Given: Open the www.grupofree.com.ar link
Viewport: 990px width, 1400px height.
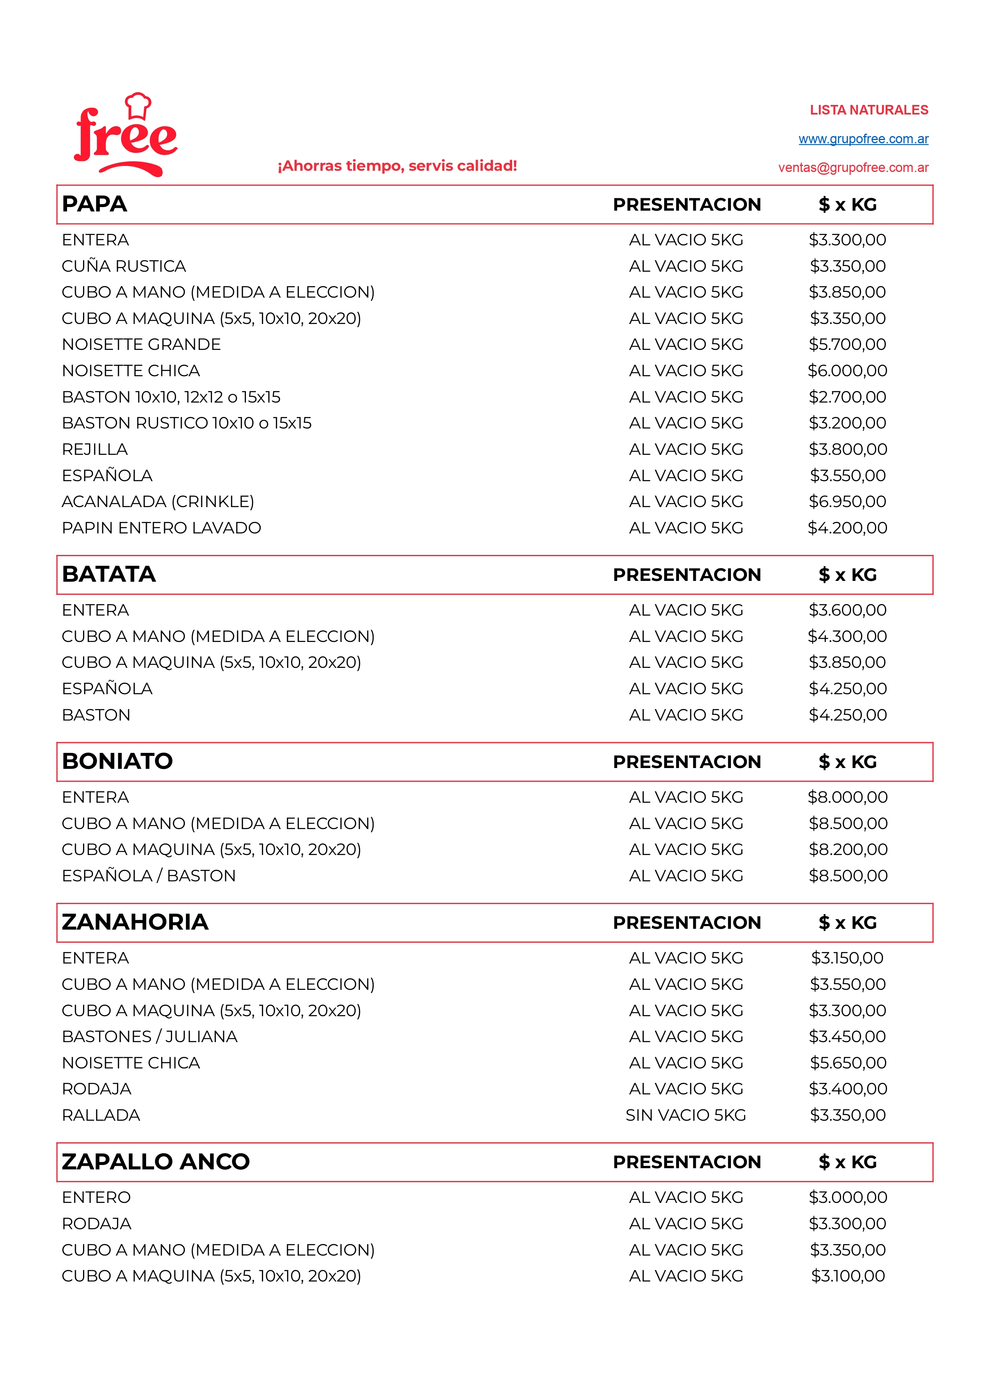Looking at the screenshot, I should (863, 139).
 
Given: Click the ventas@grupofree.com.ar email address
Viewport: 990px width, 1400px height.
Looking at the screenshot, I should (853, 168).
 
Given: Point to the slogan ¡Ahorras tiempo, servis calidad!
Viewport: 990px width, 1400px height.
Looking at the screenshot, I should (397, 166).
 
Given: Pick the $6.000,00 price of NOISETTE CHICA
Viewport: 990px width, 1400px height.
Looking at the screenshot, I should (847, 371).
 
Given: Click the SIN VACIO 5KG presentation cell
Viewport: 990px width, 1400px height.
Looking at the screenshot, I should (686, 1115).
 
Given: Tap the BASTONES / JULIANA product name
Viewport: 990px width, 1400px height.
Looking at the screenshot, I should (149, 1037).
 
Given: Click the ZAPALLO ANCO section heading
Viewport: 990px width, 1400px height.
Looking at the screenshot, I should (156, 1161).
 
